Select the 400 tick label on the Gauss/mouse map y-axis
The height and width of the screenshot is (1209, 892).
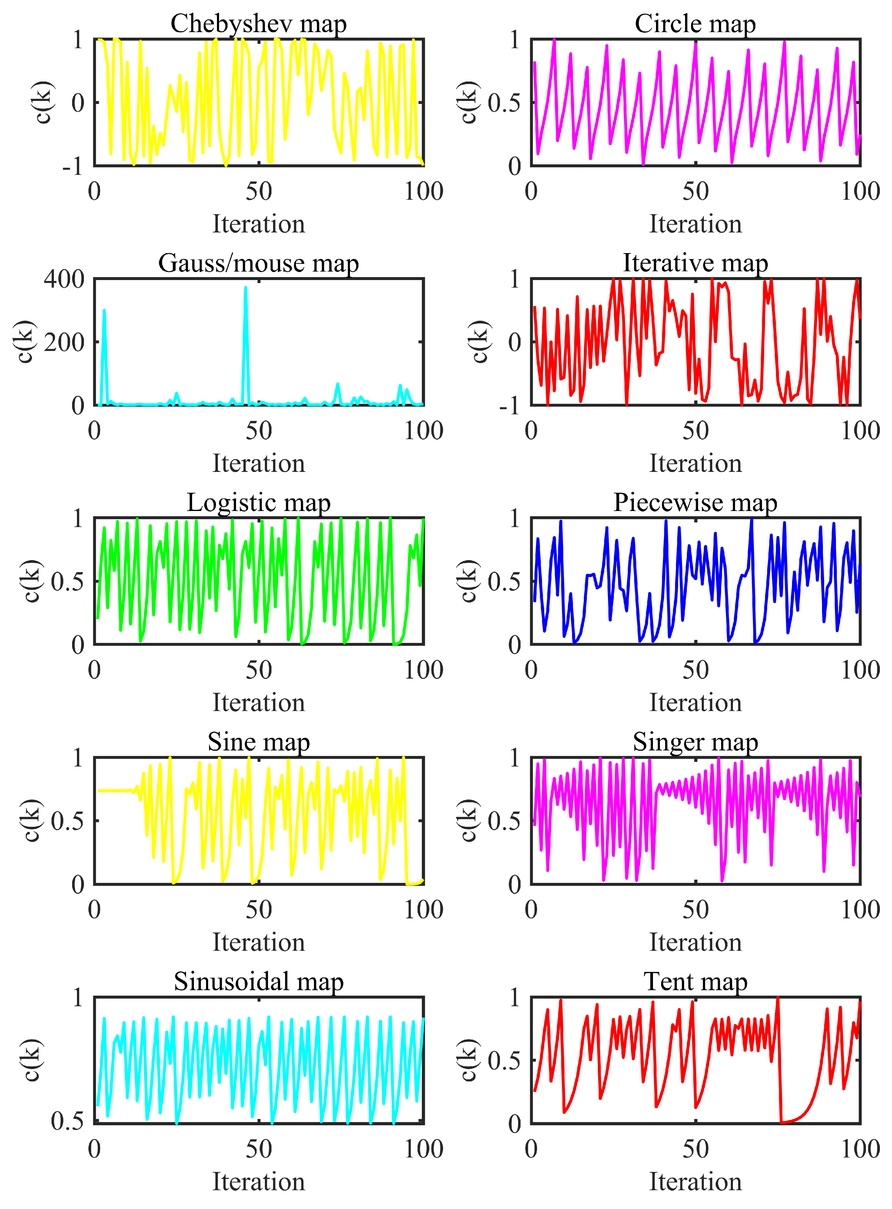tap(64, 279)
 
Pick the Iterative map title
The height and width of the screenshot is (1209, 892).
tap(695, 263)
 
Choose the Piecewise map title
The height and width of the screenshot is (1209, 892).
tap(695, 503)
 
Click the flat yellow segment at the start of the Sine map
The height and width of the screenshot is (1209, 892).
tap(113, 790)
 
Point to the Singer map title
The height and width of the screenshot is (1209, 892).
tap(695, 742)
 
